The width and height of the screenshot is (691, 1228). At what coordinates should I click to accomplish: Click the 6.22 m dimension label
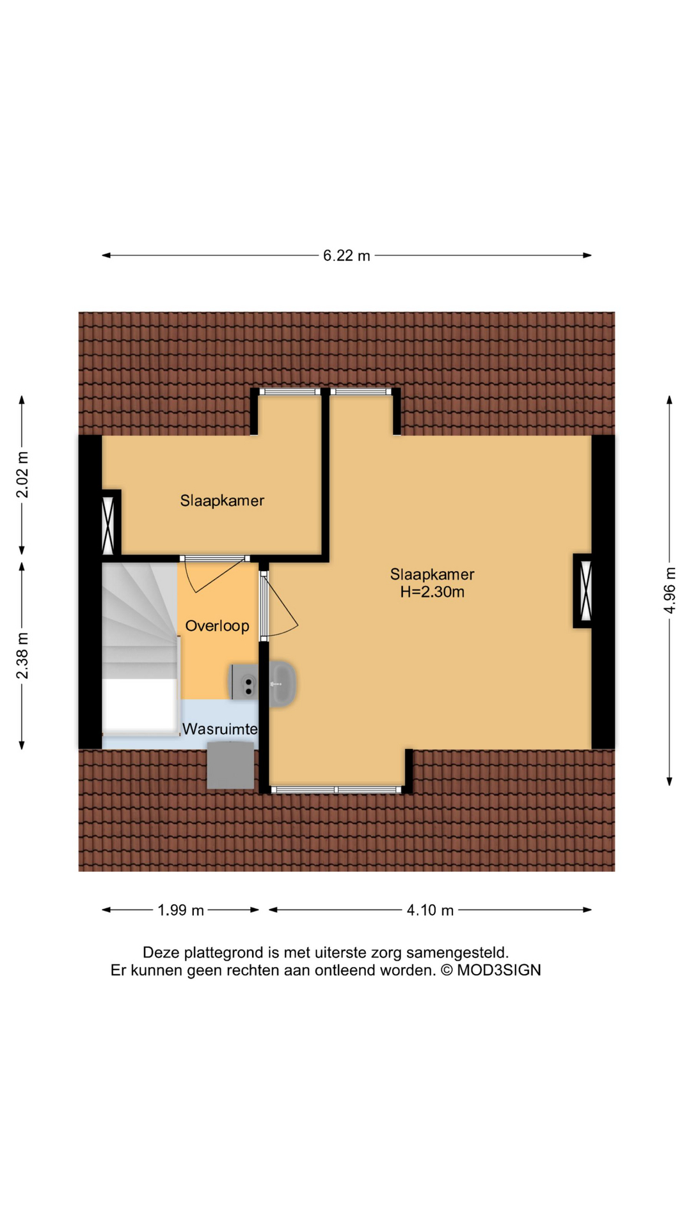tap(346, 256)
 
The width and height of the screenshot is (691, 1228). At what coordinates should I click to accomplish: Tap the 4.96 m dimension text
tap(669, 590)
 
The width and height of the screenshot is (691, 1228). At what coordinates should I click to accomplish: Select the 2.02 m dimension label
tap(22, 475)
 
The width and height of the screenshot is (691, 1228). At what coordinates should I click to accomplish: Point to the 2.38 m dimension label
tap(22, 656)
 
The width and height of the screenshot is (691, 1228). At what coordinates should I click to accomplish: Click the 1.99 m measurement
tap(180, 910)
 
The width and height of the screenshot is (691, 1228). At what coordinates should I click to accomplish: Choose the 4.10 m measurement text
tap(430, 910)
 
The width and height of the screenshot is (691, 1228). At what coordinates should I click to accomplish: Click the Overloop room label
tap(217, 626)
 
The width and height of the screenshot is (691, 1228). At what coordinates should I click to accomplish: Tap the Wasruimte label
tap(220, 729)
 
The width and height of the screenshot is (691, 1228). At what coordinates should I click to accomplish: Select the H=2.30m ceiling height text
tap(433, 592)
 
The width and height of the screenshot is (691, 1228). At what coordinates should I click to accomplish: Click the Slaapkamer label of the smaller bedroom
tap(222, 501)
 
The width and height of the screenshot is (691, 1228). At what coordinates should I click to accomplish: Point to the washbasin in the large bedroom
tap(282, 684)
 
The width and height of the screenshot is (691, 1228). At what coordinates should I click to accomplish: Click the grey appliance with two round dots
tap(244, 682)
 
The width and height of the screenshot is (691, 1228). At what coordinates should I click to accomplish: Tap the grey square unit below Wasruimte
tap(230, 765)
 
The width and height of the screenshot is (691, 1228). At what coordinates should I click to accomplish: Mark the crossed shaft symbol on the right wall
tap(584, 590)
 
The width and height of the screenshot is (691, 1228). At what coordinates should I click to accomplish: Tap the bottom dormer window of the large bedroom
tap(337, 790)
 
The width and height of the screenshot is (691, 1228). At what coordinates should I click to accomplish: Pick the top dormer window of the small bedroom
tap(289, 391)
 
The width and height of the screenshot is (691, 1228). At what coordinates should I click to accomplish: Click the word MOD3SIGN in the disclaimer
tap(498, 970)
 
